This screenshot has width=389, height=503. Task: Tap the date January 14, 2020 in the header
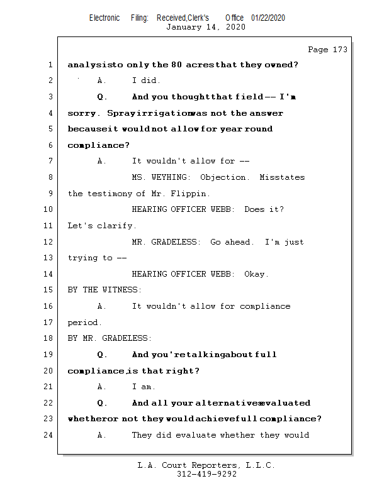click(x=205, y=27)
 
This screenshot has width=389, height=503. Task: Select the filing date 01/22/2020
click(x=268, y=18)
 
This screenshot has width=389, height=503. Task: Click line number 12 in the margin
click(x=50, y=242)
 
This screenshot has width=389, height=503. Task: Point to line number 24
click(x=50, y=435)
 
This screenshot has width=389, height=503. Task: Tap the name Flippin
click(x=194, y=194)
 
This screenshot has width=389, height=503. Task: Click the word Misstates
click(x=282, y=177)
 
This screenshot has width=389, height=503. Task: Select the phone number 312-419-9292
click(x=206, y=475)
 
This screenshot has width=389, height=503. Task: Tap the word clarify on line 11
click(x=116, y=226)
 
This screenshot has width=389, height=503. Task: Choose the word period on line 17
click(x=84, y=323)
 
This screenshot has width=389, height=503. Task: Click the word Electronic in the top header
click(x=104, y=18)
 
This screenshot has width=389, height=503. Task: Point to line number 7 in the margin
click(x=50, y=161)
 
